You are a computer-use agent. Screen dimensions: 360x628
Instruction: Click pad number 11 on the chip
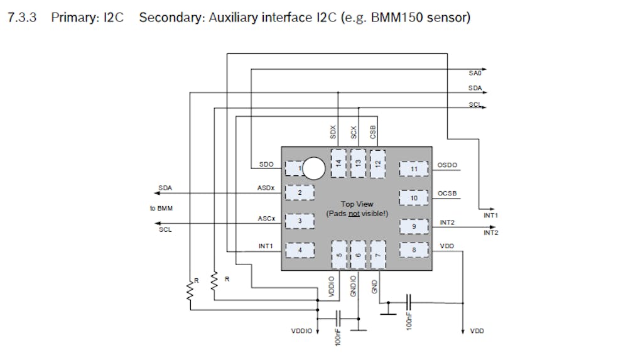[414, 169]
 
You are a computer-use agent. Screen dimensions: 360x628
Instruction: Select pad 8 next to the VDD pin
[414, 250]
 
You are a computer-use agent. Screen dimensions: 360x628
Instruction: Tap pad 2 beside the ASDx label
[300, 193]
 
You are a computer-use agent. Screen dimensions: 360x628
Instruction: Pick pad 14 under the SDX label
[338, 162]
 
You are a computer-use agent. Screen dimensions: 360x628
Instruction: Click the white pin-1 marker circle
[313, 168]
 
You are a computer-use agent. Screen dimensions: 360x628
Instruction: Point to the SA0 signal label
[475, 74]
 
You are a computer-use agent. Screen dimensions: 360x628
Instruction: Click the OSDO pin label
[448, 166]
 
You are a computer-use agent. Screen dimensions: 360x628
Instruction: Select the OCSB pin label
[448, 194]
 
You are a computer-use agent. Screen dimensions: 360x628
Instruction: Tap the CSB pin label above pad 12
[373, 132]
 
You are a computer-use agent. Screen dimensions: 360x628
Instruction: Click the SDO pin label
[266, 165]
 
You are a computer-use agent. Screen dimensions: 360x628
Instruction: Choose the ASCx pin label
[266, 219]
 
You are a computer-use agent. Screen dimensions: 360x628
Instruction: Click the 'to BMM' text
[161, 208]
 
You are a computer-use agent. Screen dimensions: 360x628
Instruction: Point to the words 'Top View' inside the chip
[357, 204]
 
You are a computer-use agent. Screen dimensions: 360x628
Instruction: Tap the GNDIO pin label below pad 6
[354, 286]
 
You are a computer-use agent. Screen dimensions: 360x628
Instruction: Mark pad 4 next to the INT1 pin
[300, 250]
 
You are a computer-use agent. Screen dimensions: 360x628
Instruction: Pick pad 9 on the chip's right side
[414, 226]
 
